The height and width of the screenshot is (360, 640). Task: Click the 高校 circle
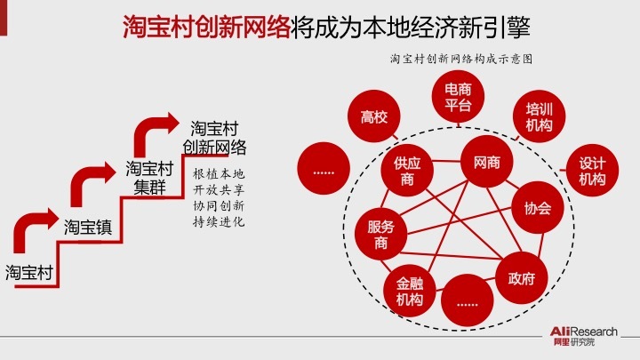[374, 117]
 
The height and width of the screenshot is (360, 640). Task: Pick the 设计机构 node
[591, 172]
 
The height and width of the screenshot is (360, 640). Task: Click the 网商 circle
[487, 163]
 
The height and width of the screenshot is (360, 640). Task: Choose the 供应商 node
[407, 172]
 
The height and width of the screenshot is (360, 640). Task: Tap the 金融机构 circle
[409, 292]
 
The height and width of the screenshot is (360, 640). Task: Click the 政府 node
[521, 278]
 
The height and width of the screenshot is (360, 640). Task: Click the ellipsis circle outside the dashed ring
[324, 164]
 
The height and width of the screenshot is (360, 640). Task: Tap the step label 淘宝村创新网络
[214, 137]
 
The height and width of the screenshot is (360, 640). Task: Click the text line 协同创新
[219, 204]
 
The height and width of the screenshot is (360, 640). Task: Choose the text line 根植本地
[219, 172]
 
